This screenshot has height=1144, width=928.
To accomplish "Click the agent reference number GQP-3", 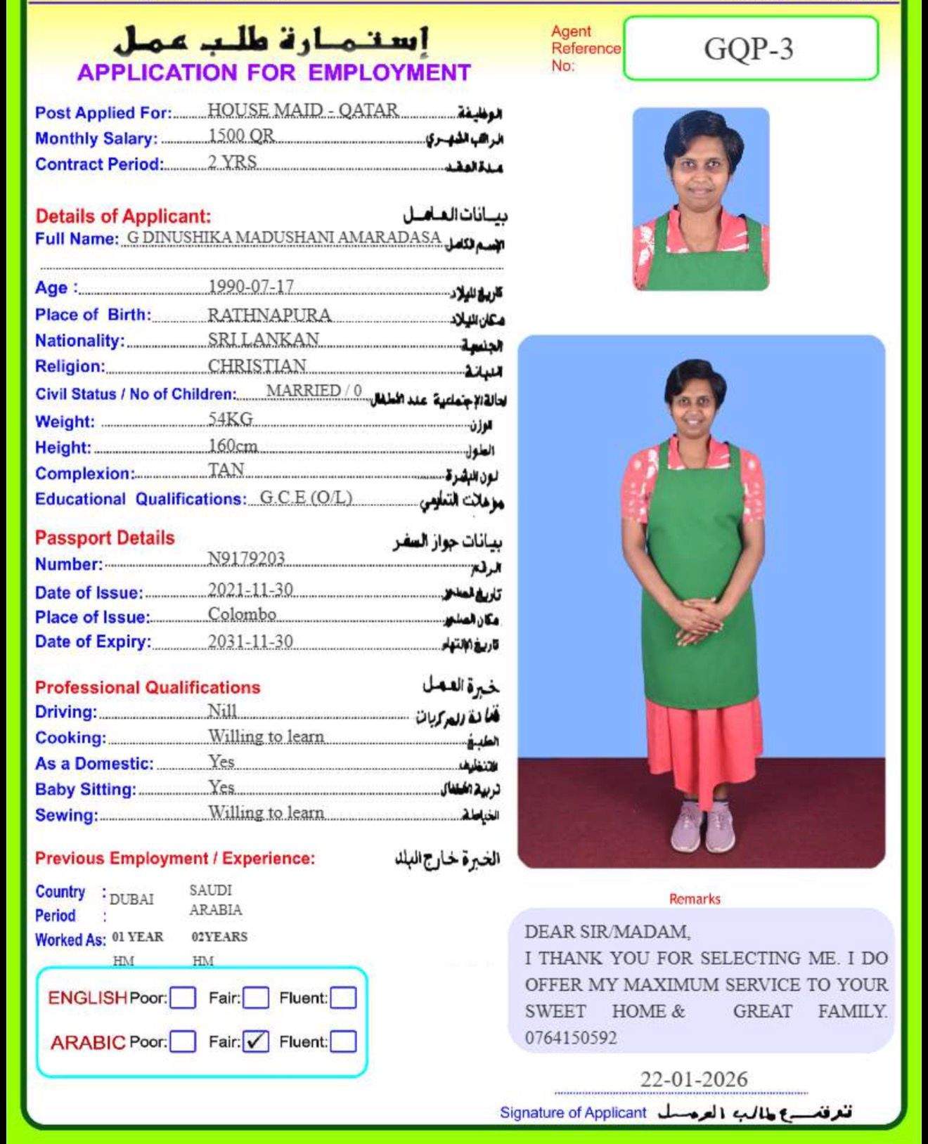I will (749, 49).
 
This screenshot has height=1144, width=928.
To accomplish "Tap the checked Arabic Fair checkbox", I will (255, 1041).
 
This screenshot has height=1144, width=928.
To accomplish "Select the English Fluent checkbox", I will (343, 998).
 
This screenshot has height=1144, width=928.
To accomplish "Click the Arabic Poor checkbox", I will (183, 1041).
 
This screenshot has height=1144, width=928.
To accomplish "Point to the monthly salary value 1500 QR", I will (241, 135).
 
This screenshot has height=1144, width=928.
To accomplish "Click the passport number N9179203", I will (246, 559).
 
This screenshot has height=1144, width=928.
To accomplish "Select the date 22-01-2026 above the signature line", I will (693, 1079).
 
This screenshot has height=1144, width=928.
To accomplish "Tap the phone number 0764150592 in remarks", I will (570, 1038).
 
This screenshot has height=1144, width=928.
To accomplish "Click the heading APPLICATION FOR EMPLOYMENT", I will (273, 72).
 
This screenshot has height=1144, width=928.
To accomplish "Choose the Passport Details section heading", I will (105, 538).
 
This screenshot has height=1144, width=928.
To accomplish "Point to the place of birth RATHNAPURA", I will (269, 314).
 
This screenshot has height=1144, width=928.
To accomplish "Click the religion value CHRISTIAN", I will (257, 366).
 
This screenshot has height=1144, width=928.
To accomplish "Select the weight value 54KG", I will (230, 419).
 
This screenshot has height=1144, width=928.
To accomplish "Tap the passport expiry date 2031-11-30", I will (250, 642).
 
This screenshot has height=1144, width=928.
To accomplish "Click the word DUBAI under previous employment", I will (131, 899).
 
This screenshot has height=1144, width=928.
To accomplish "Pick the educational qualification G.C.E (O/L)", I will (306, 498).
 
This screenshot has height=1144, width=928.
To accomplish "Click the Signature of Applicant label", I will (572, 1112).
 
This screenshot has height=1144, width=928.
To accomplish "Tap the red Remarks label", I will (695, 899).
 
